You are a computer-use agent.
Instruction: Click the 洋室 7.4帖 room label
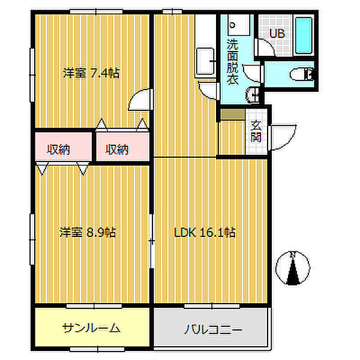(92, 74)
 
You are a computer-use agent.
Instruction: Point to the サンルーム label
(91, 328)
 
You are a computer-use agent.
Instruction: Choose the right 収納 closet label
(118, 149)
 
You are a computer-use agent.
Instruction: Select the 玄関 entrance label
(256, 131)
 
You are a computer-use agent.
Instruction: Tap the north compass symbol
(292, 268)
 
